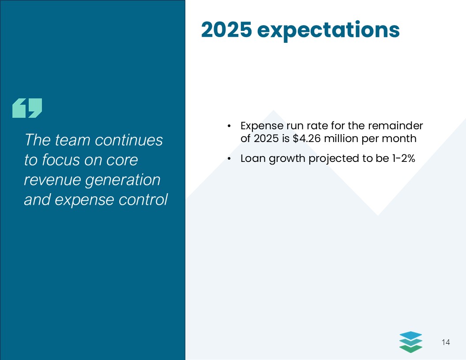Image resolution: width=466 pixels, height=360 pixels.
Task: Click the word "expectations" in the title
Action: coord(328,30)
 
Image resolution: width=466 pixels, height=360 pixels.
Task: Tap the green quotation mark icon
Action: coord(27,108)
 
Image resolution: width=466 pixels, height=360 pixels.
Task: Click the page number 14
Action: coord(445,342)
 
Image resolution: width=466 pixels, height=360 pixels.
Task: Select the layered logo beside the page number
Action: coord(410,342)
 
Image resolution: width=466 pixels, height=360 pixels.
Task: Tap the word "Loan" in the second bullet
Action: coord(253,158)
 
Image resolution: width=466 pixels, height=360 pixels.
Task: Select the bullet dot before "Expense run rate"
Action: coord(229,127)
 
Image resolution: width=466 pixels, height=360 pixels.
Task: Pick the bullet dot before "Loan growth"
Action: coord(229,159)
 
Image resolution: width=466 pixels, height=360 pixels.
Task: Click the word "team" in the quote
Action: coord(73,140)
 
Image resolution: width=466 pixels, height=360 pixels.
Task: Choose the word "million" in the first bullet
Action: coord(341,139)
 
